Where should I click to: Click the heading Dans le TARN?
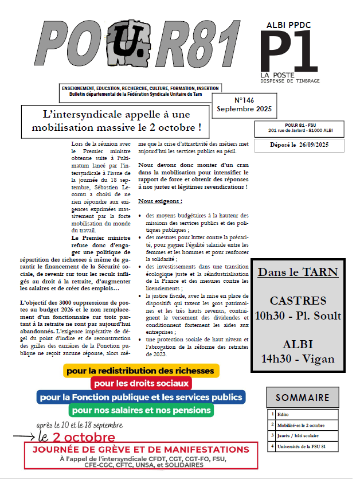pyautogui.click(x=298, y=272)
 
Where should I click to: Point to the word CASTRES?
pyautogui.click(x=298, y=301)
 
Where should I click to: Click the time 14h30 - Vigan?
pyautogui.click(x=298, y=360)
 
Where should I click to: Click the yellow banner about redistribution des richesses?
pyautogui.click(x=141, y=371)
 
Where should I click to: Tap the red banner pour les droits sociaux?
pyautogui.click(x=140, y=383)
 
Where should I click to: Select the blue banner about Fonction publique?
pyautogui.click(x=141, y=396)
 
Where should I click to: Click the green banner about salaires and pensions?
pyautogui.click(x=141, y=410)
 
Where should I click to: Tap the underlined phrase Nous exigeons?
pyautogui.click(x=160, y=202)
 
